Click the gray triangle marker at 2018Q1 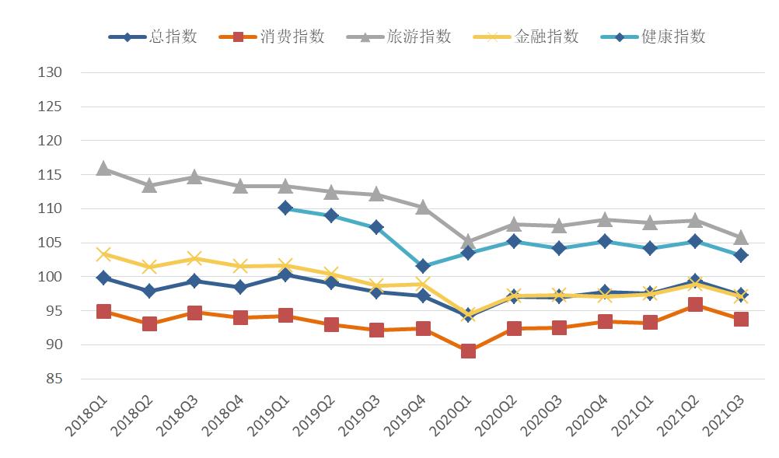[103, 168]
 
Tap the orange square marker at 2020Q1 [467, 351]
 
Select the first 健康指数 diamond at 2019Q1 [285, 208]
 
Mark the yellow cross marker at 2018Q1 [103, 254]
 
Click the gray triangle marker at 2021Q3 [741, 237]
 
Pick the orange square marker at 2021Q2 [695, 305]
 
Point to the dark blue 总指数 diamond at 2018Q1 [103, 278]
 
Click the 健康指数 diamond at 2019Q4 [422, 266]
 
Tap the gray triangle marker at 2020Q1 [467, 241]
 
